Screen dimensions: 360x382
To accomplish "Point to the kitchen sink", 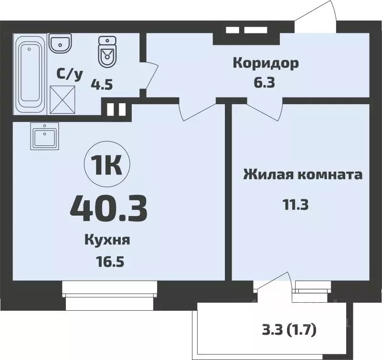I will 44,135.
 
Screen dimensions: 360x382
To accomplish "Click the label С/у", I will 70,74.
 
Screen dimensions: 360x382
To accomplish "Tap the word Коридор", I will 265,63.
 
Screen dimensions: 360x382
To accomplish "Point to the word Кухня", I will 107,240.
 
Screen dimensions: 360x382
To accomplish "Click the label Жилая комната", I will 303,175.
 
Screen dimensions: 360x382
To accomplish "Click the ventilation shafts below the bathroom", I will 116,109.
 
